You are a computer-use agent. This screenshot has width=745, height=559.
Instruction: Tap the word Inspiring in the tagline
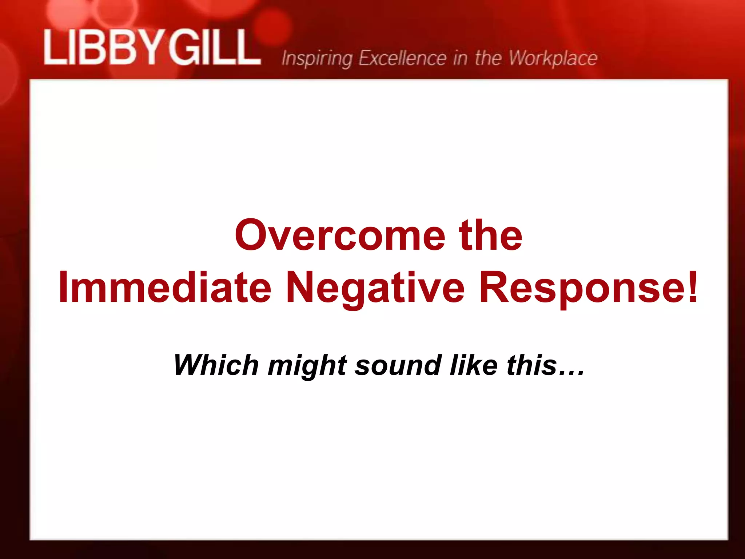(x=316, y=59)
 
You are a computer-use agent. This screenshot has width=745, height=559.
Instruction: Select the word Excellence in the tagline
(x=402, y=58)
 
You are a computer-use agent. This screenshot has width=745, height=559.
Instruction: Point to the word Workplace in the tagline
(x=553, y=59)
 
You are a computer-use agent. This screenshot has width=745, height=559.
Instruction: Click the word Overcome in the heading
(x=340, y=235)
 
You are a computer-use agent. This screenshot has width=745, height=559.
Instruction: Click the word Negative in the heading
(x=375, y=288)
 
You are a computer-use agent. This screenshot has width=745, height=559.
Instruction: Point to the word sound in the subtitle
(x=398, y=365)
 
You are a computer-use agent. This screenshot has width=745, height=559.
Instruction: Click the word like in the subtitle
(x=473, y=365)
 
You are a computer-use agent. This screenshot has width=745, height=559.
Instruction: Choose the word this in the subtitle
(x=531, y=365)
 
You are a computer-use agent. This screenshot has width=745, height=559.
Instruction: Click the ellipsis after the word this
(x=571, y=373)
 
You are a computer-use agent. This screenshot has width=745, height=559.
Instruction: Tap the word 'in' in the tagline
(x=460, y=59)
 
